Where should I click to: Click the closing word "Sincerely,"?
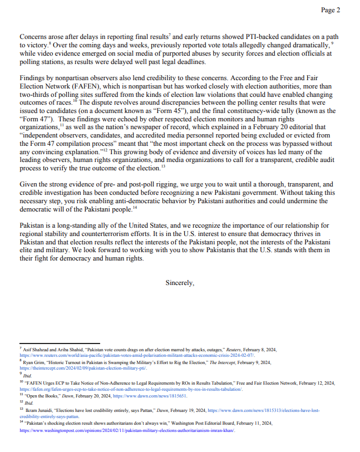[x=180, y=283]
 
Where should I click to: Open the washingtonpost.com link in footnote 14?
[x=127, y=430]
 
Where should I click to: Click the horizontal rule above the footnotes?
[x=60, y=343]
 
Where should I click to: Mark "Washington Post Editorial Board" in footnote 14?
[x=218, y=424]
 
